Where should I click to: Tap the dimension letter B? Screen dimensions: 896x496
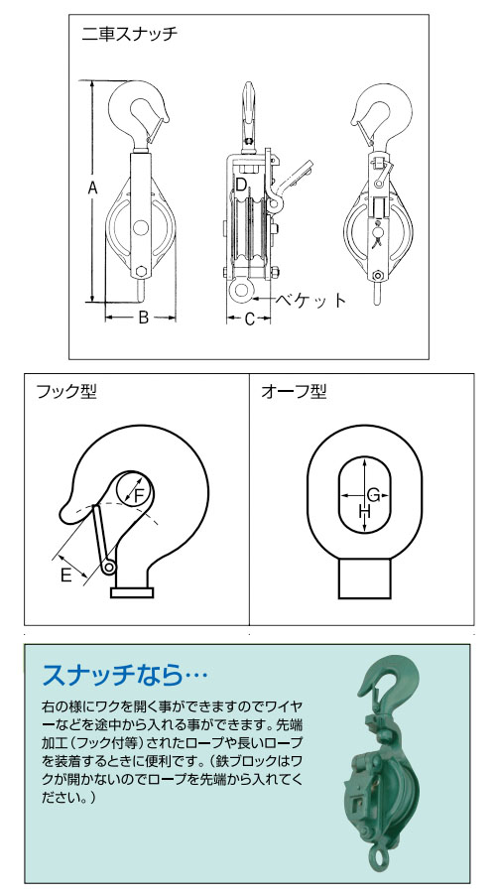(x=142, y=319)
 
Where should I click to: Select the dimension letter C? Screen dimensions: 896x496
(x=250, y=319)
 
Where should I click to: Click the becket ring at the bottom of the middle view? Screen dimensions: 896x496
(x=243, y=290)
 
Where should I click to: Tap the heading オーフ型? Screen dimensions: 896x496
(x=293, y=392)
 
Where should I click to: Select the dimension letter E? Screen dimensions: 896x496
(x=65, y=575)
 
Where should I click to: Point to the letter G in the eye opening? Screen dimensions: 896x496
(x=372, y=494)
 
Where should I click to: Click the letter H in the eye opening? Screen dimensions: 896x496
(x=363, y=512)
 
